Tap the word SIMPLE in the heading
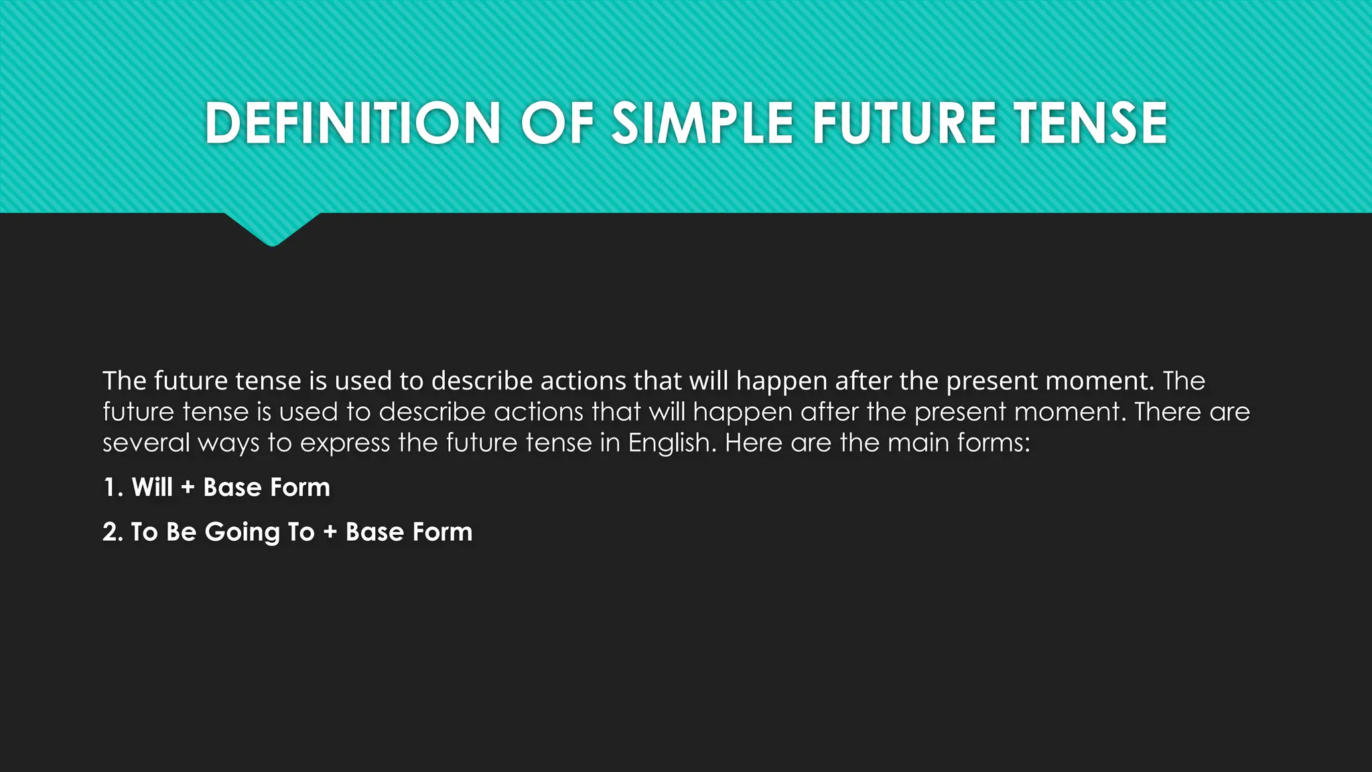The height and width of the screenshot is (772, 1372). pyautogui.click(x=703, y=123)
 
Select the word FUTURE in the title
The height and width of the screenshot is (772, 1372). pyautogui.click(x=904, y=123)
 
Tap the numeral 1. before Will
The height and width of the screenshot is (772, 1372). pyautogui.click(x=113, y=487)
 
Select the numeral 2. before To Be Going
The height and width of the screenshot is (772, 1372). pyautogui.click(x=113, y=532)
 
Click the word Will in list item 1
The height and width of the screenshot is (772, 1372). pyautogui.click(x=152, y=487)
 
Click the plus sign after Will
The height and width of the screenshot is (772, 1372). pyautogui.click(x=188, y=488)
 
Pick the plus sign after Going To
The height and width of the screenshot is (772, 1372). pyautogui.click(x=330, y=533)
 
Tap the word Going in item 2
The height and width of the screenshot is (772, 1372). pyautogui.click(x=242, y=533)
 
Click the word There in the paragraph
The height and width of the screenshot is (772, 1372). pyautogui.click(x=1164, y=411)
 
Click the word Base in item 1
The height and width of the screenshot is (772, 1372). pyautogui.click(x=232, y=487)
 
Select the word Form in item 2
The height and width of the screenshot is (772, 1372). pyautogui.click(x=442, y=532)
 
